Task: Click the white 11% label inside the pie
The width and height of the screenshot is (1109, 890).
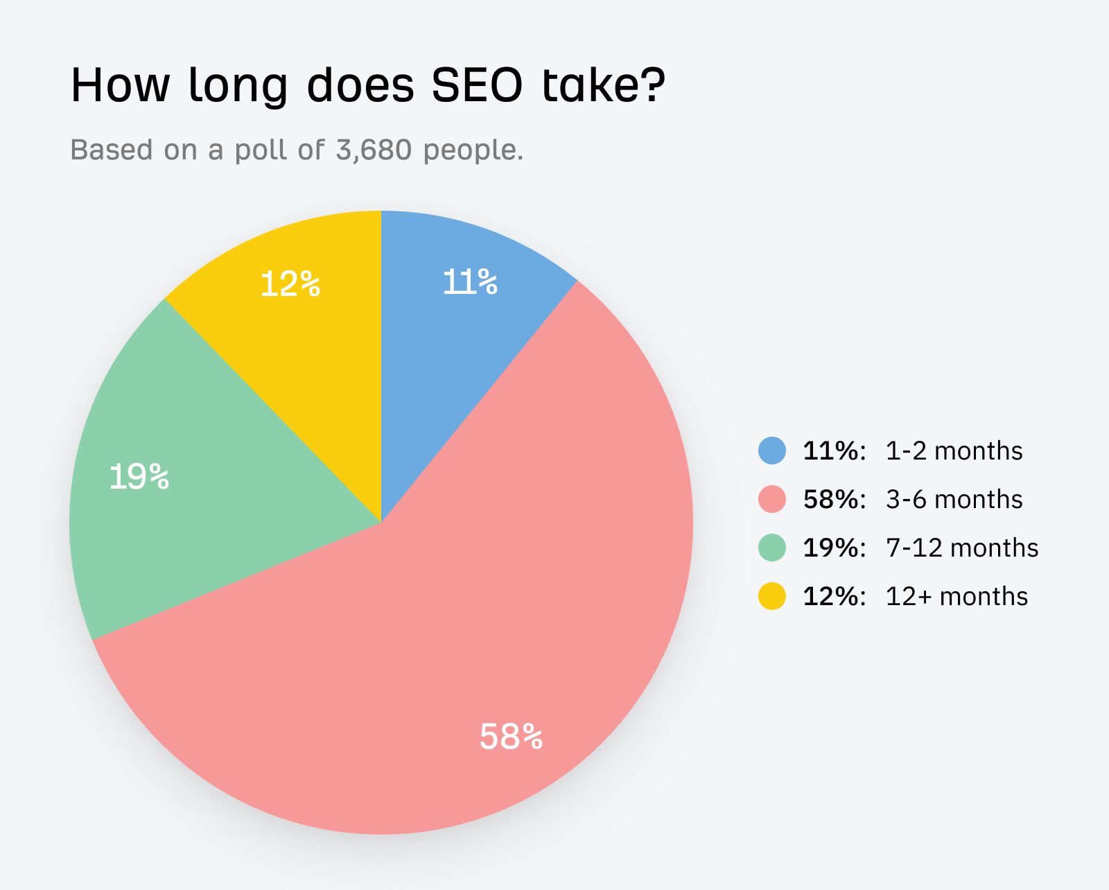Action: pos(470,282)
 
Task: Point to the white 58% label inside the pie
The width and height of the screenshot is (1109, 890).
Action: pos(511,736)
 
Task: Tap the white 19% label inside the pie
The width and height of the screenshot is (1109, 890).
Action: pos(139,477)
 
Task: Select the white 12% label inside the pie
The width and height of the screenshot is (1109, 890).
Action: pos(290,284)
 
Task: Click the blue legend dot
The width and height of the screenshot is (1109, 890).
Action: pos(772,451)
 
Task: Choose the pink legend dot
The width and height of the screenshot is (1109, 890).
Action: pos(772,499)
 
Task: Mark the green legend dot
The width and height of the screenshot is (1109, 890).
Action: pos(772,548)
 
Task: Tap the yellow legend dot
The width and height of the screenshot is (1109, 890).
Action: pos(772,596)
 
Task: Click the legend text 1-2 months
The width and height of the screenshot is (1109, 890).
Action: pos(954,451)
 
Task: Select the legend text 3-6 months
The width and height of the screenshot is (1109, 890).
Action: pos(954,499)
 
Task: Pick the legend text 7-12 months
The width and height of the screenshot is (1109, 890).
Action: pos(962,548)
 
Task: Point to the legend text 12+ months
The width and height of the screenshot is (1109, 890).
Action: pos(957,596)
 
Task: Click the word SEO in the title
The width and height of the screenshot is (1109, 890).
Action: pos(477,86)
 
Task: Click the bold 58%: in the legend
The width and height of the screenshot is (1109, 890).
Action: pos(835,499)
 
